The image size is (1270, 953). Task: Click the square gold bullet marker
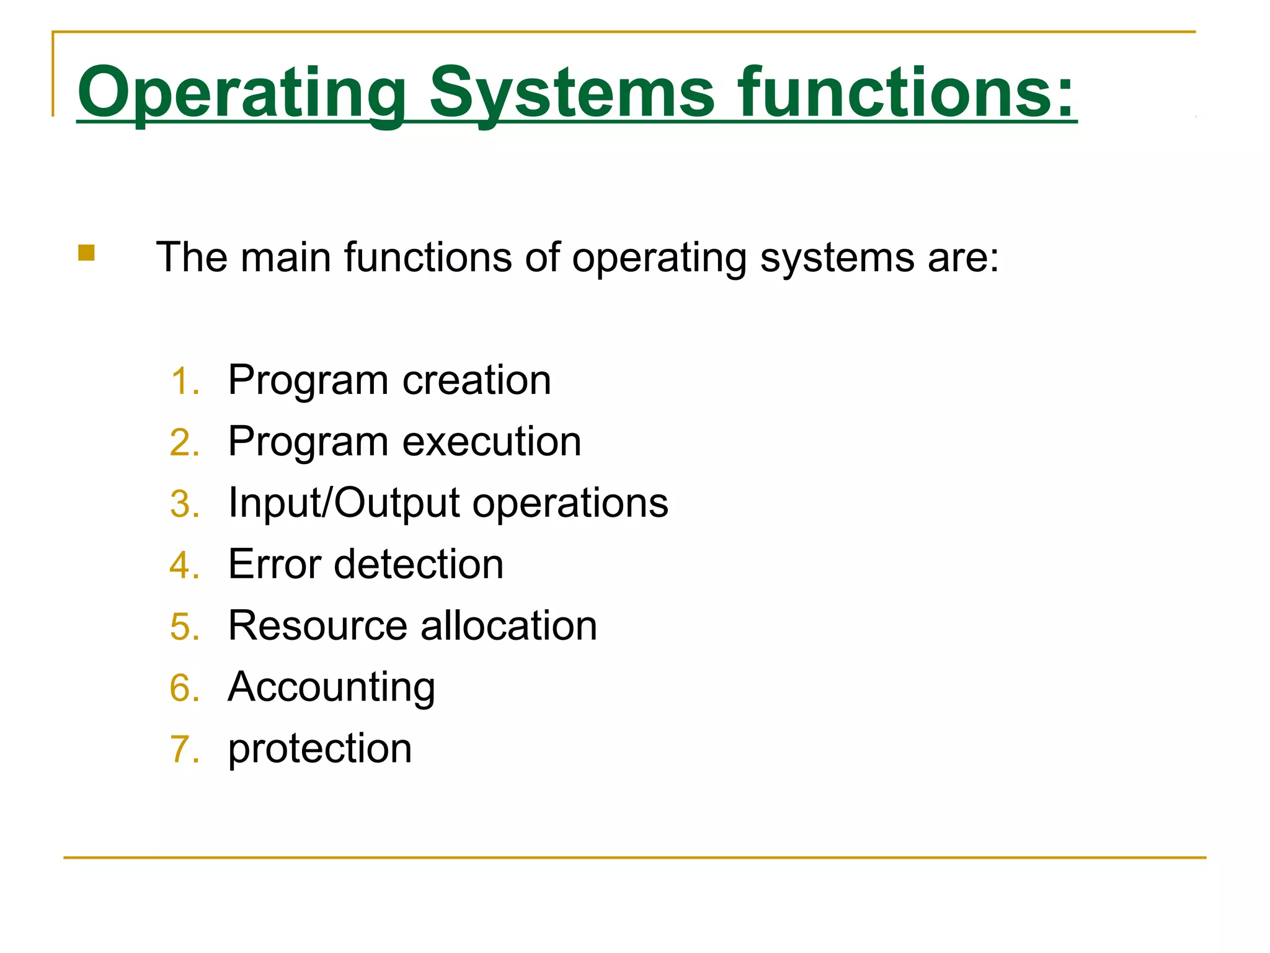pyautogui.click(x=86, y=253)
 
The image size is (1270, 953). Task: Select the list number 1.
pyautogui.click(x=184, y=381)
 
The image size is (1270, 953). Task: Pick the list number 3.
pyautogui.click(x=184, y=504)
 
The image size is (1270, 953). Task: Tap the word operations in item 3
pyautogui.click(x=571, y=503)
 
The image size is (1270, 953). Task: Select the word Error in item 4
pyautogui.click(x=275, y=564)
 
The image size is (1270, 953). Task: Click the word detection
pyautogui.click(x=419, y=564)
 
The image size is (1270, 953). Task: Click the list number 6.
pyautogui.click(x=184, y=688)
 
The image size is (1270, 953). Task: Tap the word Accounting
pyautogui.click(x=332, y=687)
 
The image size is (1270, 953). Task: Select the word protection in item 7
pyautogui.click(x=320, y=749)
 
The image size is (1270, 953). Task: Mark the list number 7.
pyautogui.click(x=184, y=749)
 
